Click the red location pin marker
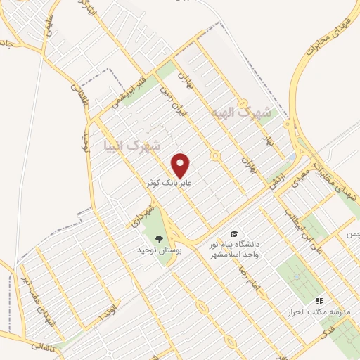pyautogui.click(x=181, y=165)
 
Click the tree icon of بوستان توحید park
pyautogui.click(x=160, y=239)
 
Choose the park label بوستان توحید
pyautogui.click(x=160, y=250)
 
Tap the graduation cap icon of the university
pyautogui.click(x=233, y=233)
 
